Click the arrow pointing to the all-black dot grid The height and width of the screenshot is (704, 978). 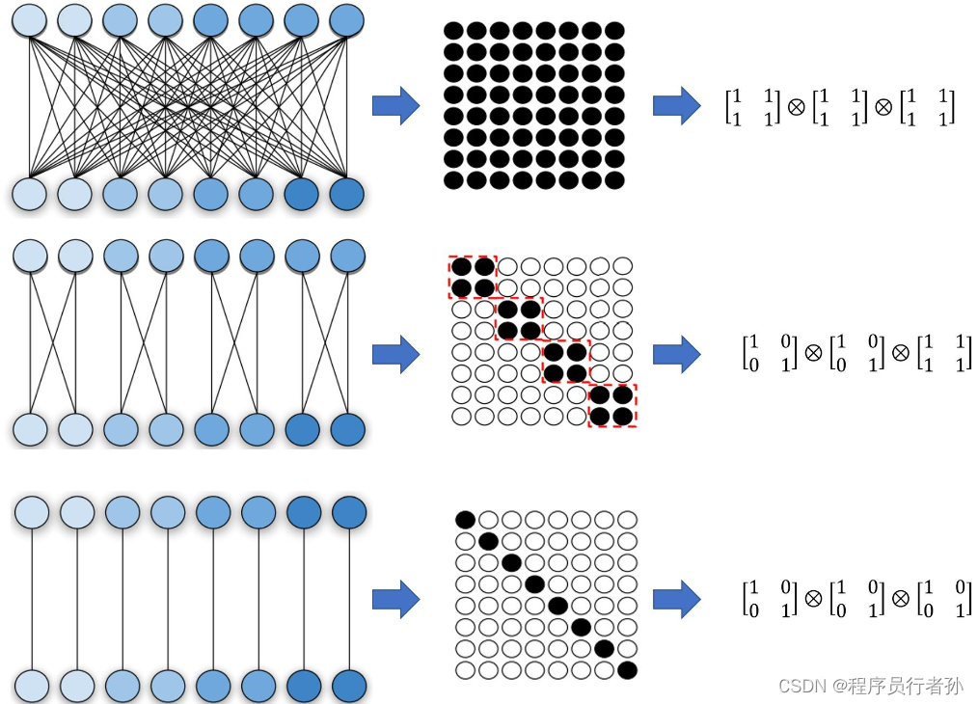[x=395, y=105]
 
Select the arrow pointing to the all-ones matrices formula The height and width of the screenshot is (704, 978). [x=676, y=105]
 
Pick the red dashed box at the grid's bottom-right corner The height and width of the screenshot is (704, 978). [x=612, y=405]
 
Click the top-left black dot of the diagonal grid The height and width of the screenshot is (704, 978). [x=465, y=520]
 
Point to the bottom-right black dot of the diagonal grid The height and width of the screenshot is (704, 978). [x=627, y=669]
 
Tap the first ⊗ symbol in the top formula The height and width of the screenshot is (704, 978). [x=796, y=107]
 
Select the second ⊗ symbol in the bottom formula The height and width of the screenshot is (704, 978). [x=900, y=598]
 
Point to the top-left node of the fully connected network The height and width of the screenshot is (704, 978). [x=29, y=19]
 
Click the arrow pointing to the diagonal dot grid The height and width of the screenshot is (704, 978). [x=395, y=599]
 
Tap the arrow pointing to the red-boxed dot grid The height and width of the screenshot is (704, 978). [x=395, y=354]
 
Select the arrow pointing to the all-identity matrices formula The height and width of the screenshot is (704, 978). [x=676, y=599]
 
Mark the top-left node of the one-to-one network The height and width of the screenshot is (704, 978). [x=32, y=511]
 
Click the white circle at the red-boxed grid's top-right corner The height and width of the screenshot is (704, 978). [x=623, y=266]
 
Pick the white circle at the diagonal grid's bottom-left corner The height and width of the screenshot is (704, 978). [x=465, y=669]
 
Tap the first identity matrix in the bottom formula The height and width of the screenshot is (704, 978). [x=768, y=598]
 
